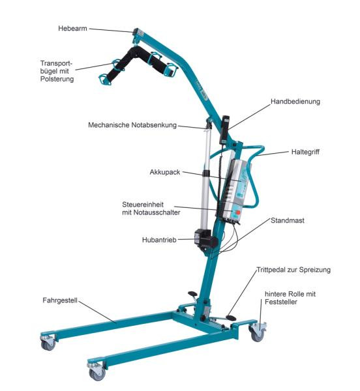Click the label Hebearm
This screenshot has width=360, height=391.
click(72, 29)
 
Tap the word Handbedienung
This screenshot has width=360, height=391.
click(295, 102)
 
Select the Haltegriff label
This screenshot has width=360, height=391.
click(305, 152)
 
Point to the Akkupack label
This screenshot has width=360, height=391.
click(165, 172)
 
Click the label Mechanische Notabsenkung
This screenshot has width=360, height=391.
click(132, 125)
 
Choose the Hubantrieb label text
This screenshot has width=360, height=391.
click(159, 240)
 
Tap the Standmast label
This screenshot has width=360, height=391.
click(288, 220)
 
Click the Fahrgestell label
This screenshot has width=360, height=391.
click(60, 300)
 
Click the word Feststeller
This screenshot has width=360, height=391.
click(281, 302)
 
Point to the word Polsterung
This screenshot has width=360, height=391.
click(57, 79)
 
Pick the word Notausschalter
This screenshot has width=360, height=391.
click(157, 212)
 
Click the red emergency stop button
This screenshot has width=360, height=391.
click(238, 212)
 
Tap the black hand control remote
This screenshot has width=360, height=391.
click(225, 130)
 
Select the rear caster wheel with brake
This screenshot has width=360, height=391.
click(258, 331)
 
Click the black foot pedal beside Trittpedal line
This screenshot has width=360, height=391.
click(231, 318)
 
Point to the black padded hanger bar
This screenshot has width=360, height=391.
click(139, 63)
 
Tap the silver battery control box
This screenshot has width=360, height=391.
click(233, 190)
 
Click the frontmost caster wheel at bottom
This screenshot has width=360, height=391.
click(97, 372)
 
